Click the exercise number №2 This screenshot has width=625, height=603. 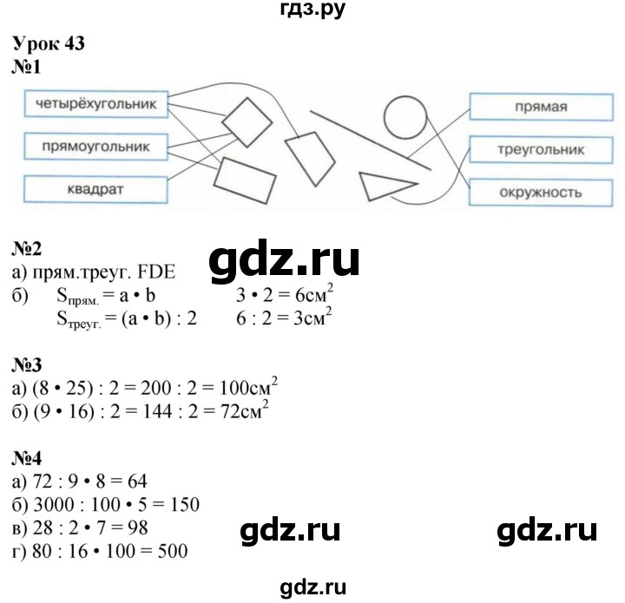point(30,252)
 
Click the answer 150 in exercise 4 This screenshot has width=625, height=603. point(186,498)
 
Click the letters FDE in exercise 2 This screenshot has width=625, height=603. point(152,272)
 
